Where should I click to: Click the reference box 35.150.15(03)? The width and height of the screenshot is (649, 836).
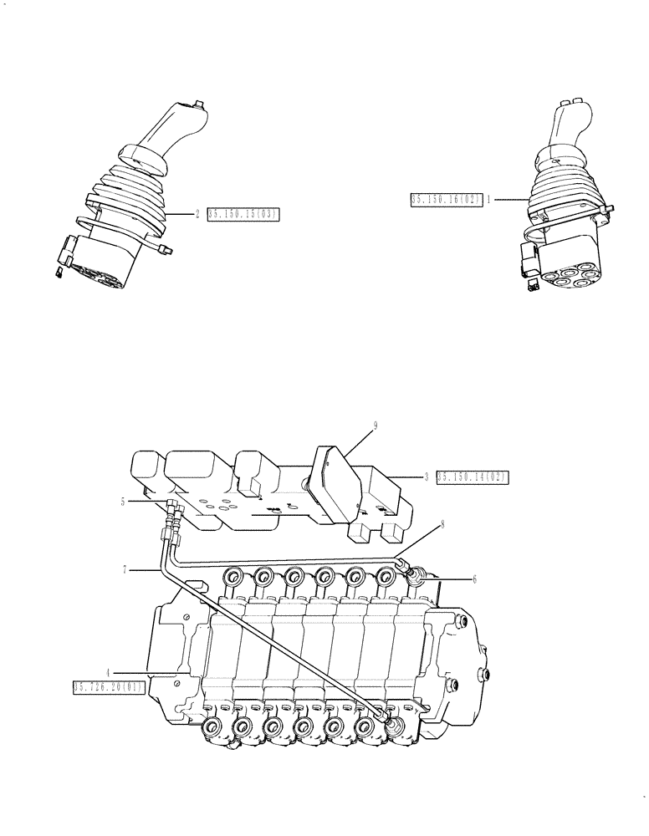242,215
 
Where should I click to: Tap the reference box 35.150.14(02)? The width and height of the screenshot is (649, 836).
472,477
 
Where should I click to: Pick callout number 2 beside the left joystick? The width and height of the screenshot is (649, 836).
197,215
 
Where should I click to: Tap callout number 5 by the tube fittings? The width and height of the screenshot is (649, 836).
123,502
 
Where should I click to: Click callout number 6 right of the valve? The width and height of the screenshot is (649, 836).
473,578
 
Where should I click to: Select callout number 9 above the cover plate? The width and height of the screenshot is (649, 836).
376,426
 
